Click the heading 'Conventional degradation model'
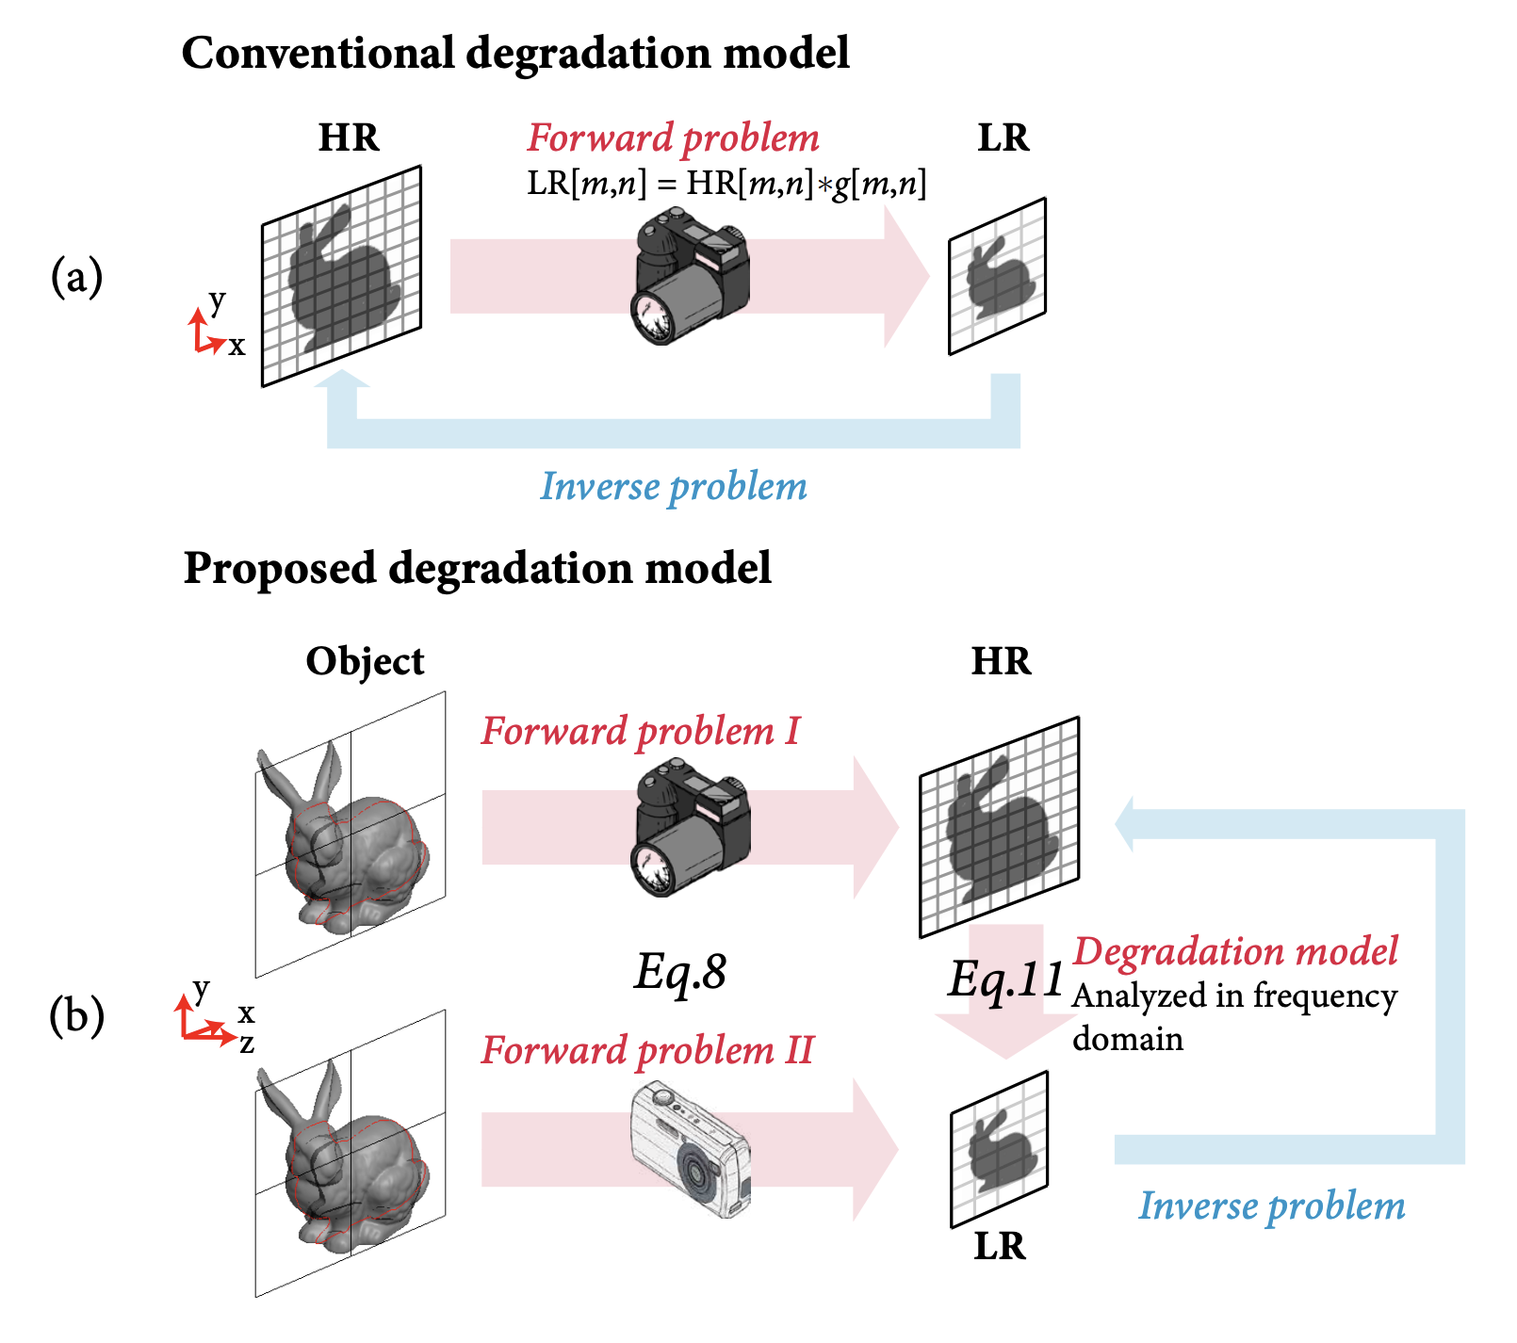[514, 53]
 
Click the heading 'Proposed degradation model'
[477, 568]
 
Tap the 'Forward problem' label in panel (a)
[673, 138]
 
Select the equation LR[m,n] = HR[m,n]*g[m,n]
[726, 183]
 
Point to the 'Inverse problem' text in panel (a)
[673, 486]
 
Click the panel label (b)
[76, 1016]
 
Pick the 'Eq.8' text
[680, 972]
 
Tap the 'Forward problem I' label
[640, 731]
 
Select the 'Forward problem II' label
[647, 1050]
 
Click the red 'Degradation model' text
[1235, 951]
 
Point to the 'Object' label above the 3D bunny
[365, 661]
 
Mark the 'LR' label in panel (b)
[999, 1246]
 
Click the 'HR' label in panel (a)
[349, 138]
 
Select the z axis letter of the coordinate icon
[247, 1044]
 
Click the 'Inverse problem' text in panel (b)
[1271, 1206]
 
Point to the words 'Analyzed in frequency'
[1234, 995]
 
